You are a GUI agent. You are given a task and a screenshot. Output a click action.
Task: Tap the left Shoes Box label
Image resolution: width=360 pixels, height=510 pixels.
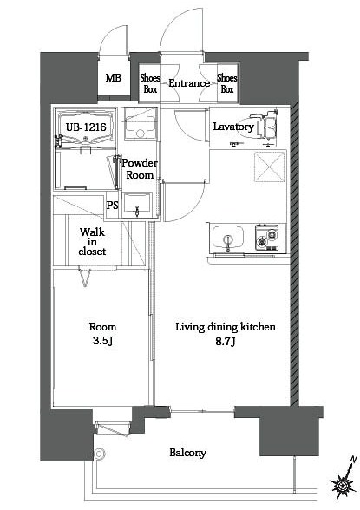(150, 83)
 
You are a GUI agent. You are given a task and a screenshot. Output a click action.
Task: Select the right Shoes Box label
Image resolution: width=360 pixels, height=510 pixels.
(227, 83)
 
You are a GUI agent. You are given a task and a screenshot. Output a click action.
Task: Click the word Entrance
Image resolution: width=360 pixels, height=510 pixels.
(189, 84)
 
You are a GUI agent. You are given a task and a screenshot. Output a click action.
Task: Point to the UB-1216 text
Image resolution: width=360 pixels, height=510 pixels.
(85, 127)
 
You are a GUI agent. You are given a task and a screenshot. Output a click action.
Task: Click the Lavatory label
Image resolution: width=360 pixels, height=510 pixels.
(233, 127)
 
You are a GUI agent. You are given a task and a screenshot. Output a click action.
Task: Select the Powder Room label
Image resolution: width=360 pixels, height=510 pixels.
(138, 169)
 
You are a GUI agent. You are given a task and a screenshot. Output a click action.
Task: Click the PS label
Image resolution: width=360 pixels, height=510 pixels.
(112, 206)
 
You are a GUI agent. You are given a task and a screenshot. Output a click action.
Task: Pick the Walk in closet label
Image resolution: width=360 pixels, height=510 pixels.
(93, 242)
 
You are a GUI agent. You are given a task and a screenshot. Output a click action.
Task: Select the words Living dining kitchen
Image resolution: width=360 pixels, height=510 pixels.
(226, 327)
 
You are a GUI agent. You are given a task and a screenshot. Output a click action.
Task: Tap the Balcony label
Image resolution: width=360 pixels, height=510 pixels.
(187, 453)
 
